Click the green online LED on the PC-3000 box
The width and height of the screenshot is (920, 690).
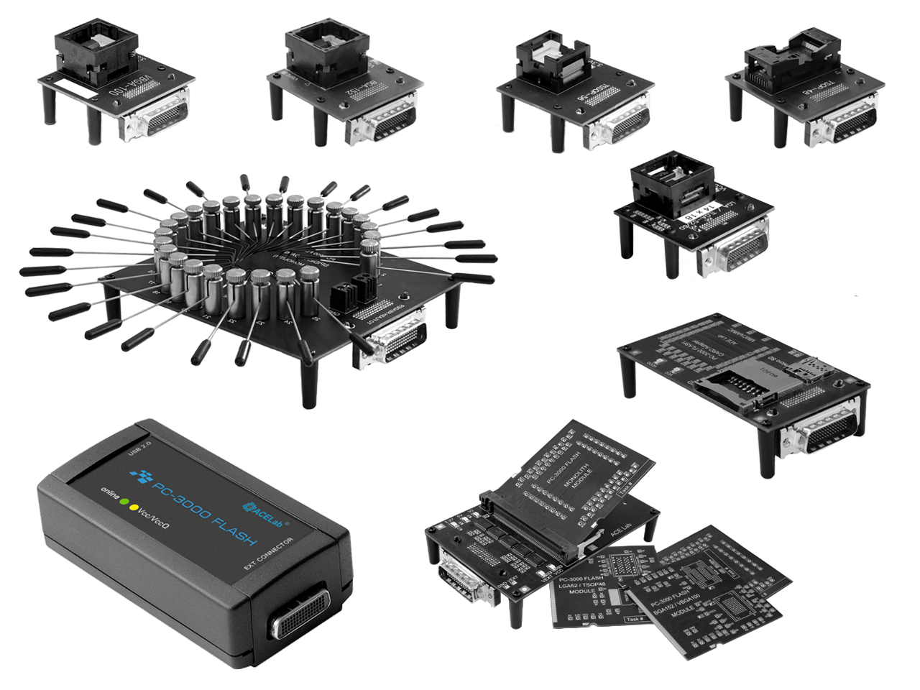pyautogui.click(x=124, y=502)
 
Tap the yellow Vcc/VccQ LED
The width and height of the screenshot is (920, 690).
pyautogui.click(x=134, y=507)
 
